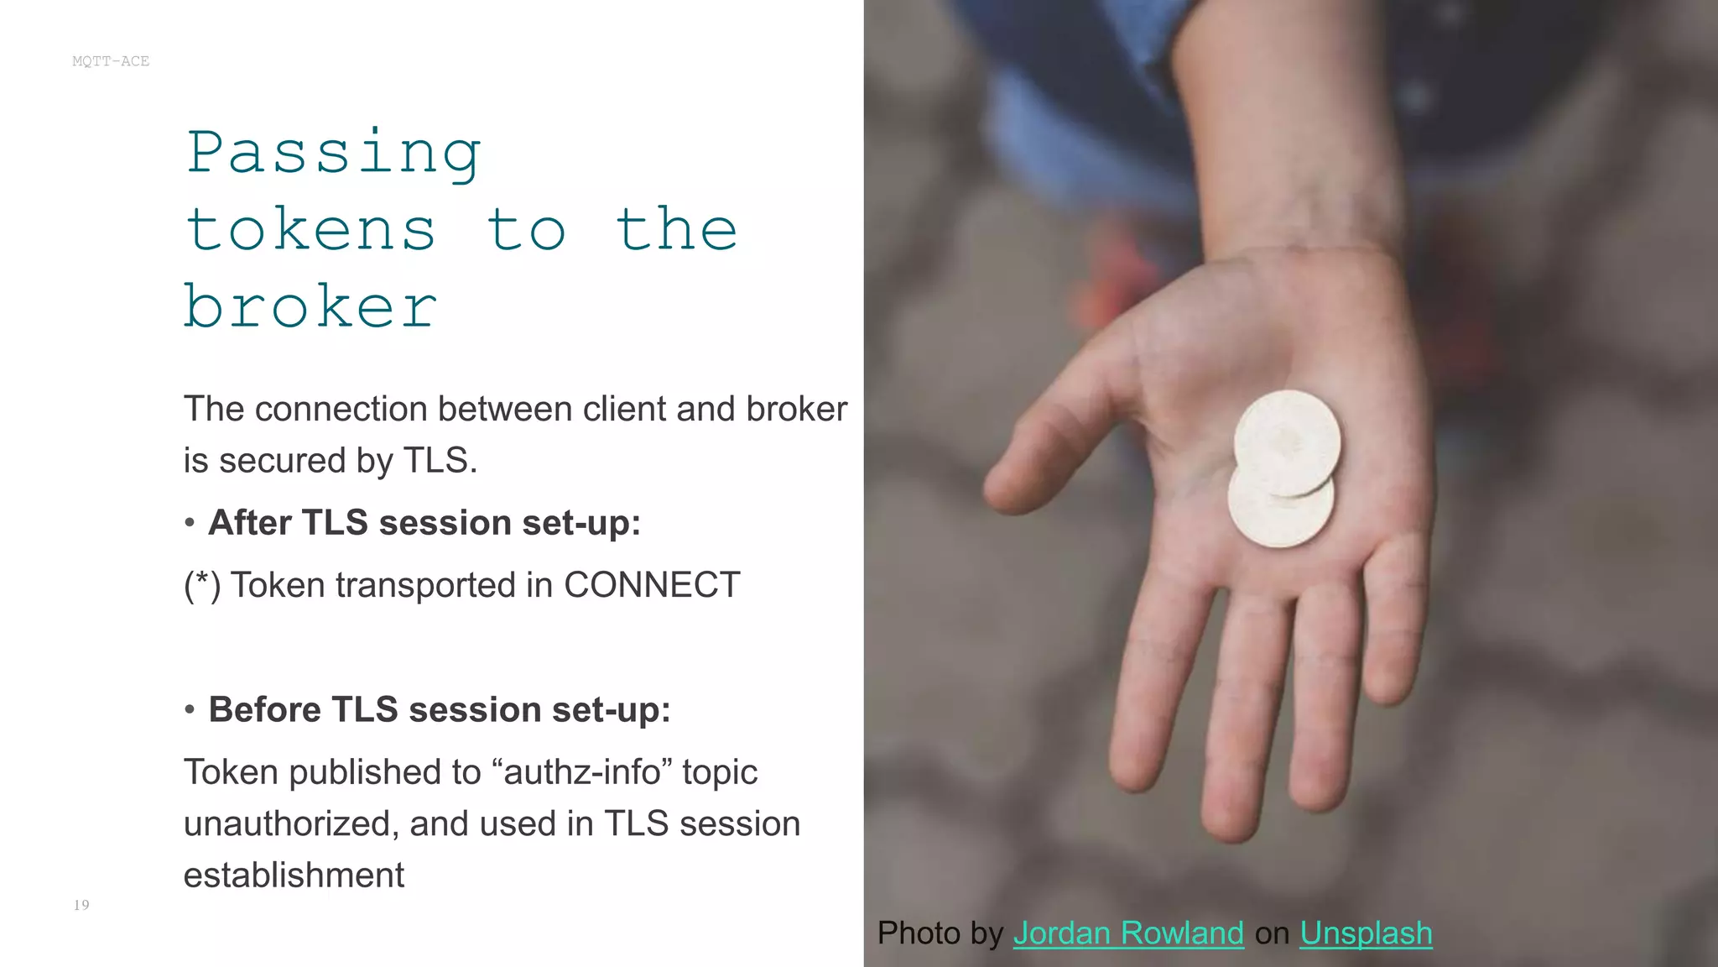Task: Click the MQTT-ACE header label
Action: pyautogui.click(x=111, y=61)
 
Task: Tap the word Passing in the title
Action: pyautogui.click(x=334, y=154)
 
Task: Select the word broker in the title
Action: pyautogui.click(x=310, y=307)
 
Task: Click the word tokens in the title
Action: pyautogui.click(x=310, y=230)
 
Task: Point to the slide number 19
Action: pyautogui.click(x=81, y=905)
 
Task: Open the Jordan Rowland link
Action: pyautogui.click(x=1128, y=933)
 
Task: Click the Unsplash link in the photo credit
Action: pyautogui.click(x=1366, y=933)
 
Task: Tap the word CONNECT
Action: pyautogui.click(x=652, y=585)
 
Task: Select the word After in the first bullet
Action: pyautogui.click(x=250, y=523)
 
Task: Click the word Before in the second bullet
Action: pyautogui.click(x=264, y=710)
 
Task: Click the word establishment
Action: pyautogui.click(x=294, y=876)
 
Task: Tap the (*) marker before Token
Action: pyautogui.click(x=202, y=585)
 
